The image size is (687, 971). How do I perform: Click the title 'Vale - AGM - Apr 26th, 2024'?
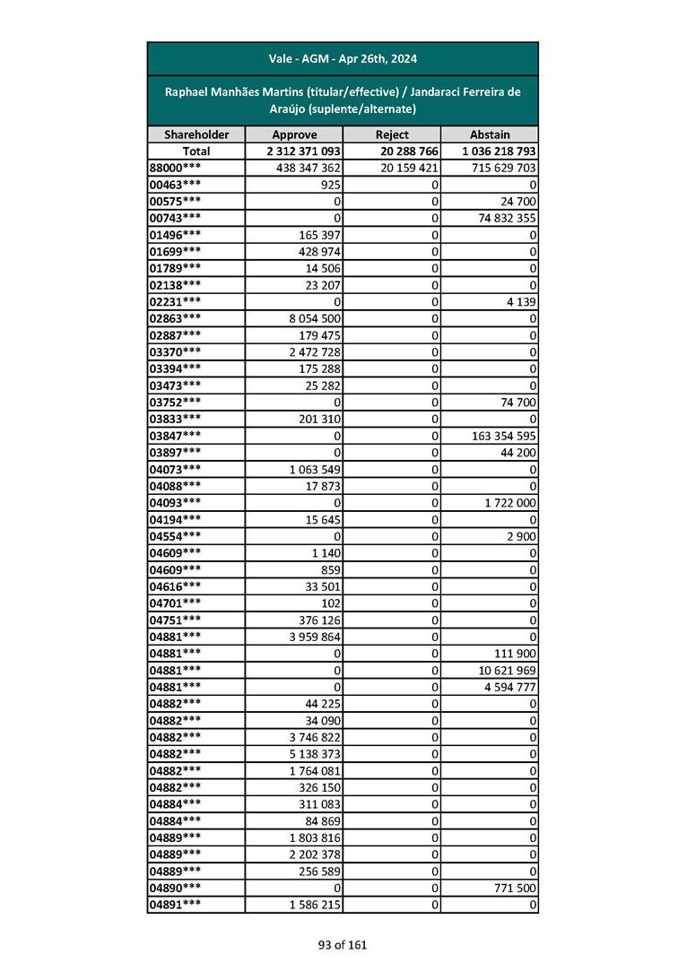coord(343,59)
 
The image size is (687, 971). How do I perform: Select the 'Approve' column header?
coord(294,134)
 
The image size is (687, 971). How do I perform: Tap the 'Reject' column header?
coord(392,134)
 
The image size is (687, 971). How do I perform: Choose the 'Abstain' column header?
coord(490,134)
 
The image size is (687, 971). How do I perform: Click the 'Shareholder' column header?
coord(196,134)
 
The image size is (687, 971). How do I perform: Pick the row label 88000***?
coord(175,168)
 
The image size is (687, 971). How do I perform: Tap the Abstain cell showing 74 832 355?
coord(502,218)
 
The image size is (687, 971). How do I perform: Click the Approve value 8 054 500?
coord(309,318)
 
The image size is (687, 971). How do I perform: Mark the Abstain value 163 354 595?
coord(499,436)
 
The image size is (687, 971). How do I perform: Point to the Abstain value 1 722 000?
coord(509,503)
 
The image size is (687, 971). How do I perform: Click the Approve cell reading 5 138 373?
coord(309,754)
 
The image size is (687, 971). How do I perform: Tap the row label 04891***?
coord(175,905)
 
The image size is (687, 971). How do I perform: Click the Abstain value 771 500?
coord(516,888)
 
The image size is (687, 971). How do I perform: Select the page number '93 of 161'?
coord(343,944)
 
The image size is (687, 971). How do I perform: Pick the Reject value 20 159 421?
coord(409,168)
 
